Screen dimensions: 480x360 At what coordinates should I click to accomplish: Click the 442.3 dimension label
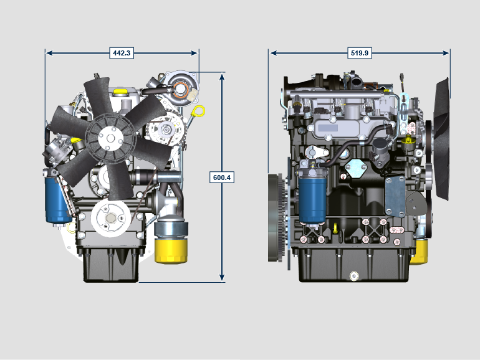122,53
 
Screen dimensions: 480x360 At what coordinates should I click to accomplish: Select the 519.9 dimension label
360,53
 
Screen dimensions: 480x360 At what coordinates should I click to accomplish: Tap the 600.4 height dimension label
222,178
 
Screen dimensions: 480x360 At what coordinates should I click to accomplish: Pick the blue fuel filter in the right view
312,199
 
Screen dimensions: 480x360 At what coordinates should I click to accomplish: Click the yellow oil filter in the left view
171,250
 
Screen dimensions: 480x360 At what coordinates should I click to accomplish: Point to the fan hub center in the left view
110,138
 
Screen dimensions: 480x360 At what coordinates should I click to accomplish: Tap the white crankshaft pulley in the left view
111,218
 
